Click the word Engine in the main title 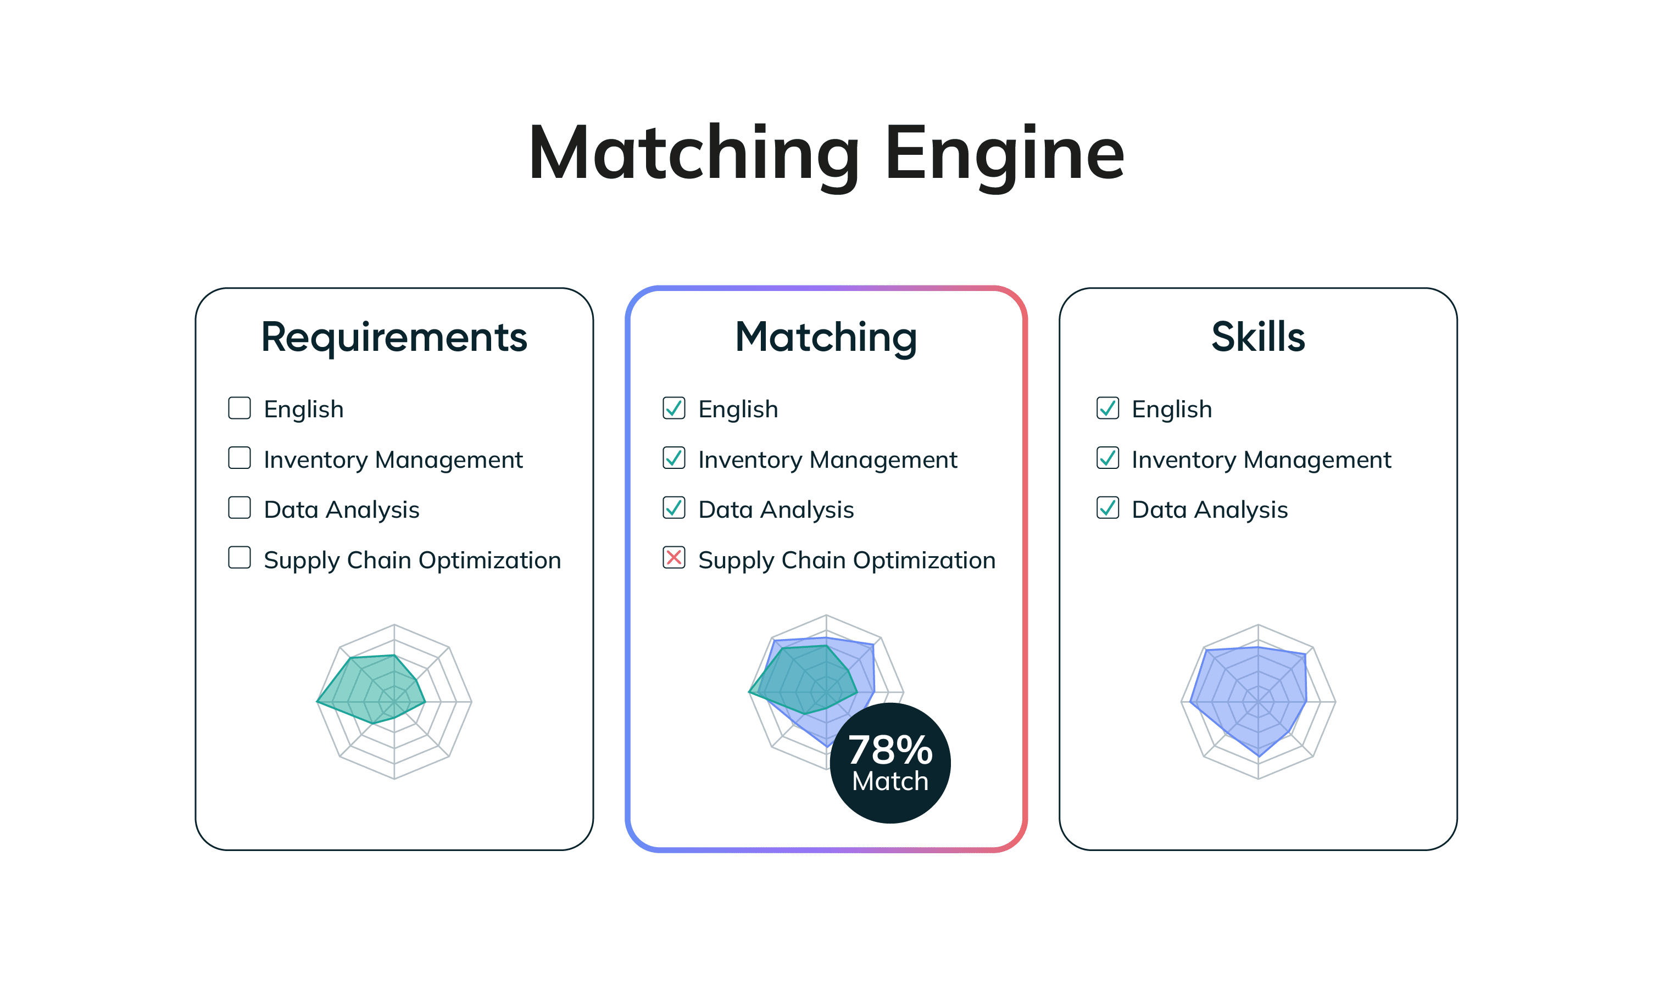pos(1004,154)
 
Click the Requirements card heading pos(394,337)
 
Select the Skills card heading pos(1258,337)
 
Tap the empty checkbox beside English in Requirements pos(240,408)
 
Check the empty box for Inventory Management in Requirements pos(240,458)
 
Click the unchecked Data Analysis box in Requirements pos(240,508)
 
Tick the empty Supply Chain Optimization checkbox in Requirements pos(240,558)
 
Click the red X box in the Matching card pos(674,558)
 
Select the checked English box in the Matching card pos(674,408)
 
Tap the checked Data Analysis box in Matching pos(674,508)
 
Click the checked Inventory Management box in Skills pos(1107,458)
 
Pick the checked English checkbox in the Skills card pos(1107,408)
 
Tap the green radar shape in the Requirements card pos(376,687)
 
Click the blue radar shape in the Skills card pos(1251,697)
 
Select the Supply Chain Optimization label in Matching pos(847,560)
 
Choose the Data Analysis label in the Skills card pos(1210,510)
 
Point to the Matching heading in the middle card pos(826,337)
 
